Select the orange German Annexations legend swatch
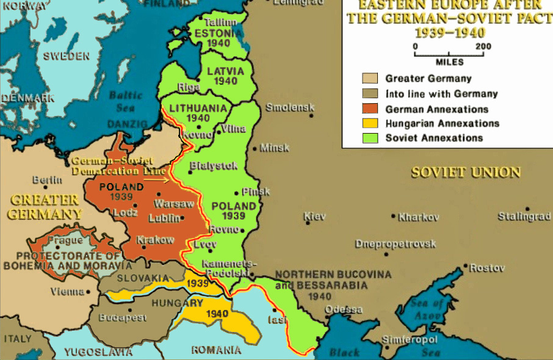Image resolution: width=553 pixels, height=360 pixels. pos(370,109)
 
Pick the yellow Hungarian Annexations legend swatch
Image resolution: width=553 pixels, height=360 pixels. pos(370,124)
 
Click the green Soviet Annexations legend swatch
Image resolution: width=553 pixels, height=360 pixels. pos(370,138)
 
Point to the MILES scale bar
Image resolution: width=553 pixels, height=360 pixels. pos(449,53)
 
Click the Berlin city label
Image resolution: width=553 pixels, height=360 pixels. pos(47,180)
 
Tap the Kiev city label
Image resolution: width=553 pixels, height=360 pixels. pos(315,217)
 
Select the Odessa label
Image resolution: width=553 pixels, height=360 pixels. pos(344,309)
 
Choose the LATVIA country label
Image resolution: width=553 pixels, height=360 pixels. pos(225,71)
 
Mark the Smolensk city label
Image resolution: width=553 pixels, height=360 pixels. pos(290,107)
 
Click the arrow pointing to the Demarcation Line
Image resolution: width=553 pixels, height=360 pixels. pos(160,180)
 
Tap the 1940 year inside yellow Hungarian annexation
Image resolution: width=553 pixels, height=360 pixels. pos(217,314)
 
